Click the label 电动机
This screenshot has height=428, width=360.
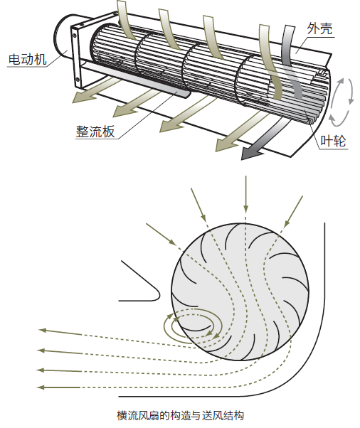27,59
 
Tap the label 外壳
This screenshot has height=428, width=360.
319,28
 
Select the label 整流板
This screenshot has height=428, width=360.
95,132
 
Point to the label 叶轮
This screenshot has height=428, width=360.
333,141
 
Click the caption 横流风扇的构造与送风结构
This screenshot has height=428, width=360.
180,416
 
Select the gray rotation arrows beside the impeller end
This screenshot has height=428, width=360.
342,102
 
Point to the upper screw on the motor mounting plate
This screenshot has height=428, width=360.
74,36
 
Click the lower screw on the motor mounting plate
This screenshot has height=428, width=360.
78,80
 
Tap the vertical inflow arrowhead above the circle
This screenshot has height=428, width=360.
246,208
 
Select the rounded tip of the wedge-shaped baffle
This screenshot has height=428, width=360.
159,295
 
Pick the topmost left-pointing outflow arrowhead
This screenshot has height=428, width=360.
43,331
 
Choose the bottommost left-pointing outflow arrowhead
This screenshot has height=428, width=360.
42,387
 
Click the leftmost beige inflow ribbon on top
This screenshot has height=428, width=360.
125,21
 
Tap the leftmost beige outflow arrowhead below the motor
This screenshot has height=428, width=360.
80,97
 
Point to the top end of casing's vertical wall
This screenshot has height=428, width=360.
324,223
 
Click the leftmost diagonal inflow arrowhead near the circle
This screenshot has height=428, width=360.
172,242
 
